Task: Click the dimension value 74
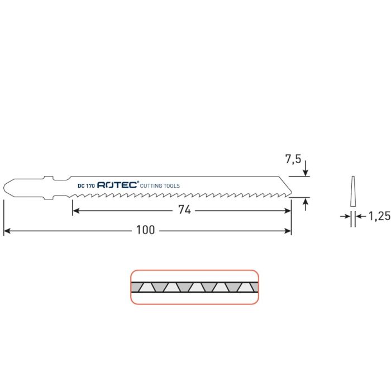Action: point(184,211)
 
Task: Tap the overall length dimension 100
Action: point(148,230)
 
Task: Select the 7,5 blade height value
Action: point(293,159)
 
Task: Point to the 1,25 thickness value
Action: point(379,216)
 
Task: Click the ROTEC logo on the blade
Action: point(117,185)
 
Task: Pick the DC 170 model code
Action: point(86,185)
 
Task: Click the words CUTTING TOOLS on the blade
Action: point(160,185)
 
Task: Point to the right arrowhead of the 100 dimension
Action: point(288,230)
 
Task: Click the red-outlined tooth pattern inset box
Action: point(194,287)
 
